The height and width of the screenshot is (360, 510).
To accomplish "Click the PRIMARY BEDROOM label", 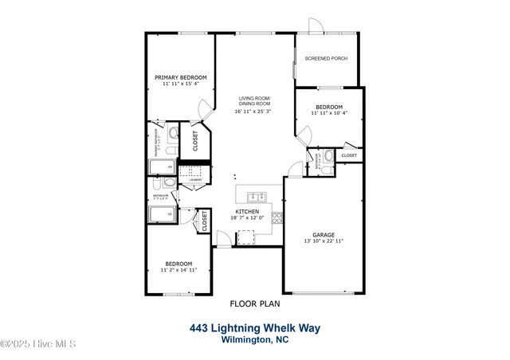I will point(181,76).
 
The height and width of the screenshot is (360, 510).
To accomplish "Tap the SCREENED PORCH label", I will point(326,59).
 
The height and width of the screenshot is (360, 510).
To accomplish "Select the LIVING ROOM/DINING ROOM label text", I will point(254,101).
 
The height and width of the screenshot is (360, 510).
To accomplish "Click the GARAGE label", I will point(323,234).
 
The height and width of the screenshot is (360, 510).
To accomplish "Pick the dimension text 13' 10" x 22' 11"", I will point(323,241).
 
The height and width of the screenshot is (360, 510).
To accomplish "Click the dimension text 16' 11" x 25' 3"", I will point(253,111).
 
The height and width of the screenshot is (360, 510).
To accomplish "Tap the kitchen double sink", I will point(257,196).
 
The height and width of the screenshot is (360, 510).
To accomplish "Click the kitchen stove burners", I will point(246,234).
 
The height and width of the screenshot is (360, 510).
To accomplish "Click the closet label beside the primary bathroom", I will point(196,141).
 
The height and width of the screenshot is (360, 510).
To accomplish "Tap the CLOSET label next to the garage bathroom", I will point(350,155).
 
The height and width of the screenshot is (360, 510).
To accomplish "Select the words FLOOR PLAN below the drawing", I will point(253,303).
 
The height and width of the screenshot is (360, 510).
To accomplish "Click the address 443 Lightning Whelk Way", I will point(255,327).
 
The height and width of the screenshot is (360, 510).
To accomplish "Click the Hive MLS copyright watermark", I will point(38,344).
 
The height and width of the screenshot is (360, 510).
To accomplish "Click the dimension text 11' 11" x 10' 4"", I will point(328,113).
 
